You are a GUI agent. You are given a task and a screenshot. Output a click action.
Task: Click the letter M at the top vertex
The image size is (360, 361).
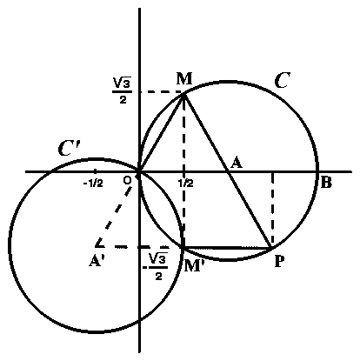[x=184, y=78]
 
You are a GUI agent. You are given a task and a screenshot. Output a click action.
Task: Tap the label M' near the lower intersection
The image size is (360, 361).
[x=192, y=265]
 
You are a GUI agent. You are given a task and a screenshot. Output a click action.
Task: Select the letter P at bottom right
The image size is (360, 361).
[x=279, y=262]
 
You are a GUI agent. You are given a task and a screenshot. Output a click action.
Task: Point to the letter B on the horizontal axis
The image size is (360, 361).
[x=326, y=183]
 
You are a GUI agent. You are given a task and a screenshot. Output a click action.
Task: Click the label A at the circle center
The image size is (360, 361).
[x=237, y=163]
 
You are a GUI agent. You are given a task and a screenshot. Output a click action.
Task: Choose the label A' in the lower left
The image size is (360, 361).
[x=97, y=261]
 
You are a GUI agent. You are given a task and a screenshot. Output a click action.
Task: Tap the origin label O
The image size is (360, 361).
[x=127, y=180]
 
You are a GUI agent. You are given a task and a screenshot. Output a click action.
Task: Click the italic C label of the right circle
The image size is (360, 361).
[x=282, y=80]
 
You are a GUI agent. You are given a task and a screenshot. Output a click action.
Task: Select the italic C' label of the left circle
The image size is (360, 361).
[x=69, y=149]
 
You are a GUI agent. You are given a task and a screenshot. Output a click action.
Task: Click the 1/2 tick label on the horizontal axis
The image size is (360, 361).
[x=186, y=184]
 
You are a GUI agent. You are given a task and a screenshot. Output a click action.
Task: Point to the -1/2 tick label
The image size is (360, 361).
[x=93, y=184]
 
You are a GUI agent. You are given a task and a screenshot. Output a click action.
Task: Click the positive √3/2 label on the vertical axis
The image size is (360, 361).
[x=123, y=91]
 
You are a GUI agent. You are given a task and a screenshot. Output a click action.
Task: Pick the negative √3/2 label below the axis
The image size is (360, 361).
[x=156, y=266]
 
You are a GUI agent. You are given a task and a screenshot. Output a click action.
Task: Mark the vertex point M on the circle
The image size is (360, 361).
[x=183, y=93]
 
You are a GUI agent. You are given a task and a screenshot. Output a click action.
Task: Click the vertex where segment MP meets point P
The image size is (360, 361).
[x=270, y=248]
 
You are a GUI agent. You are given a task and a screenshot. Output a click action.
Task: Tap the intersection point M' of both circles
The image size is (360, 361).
[x=183, y=247]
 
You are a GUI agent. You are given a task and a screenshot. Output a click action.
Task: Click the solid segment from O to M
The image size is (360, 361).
[x=162, y=133]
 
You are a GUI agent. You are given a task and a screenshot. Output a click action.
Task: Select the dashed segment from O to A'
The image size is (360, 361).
[x=114, y=215]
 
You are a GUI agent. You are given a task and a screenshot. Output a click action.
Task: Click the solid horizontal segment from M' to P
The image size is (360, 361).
[x=227, y=248]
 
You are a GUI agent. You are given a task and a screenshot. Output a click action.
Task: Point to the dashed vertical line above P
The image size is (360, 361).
[x=272, y=209]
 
